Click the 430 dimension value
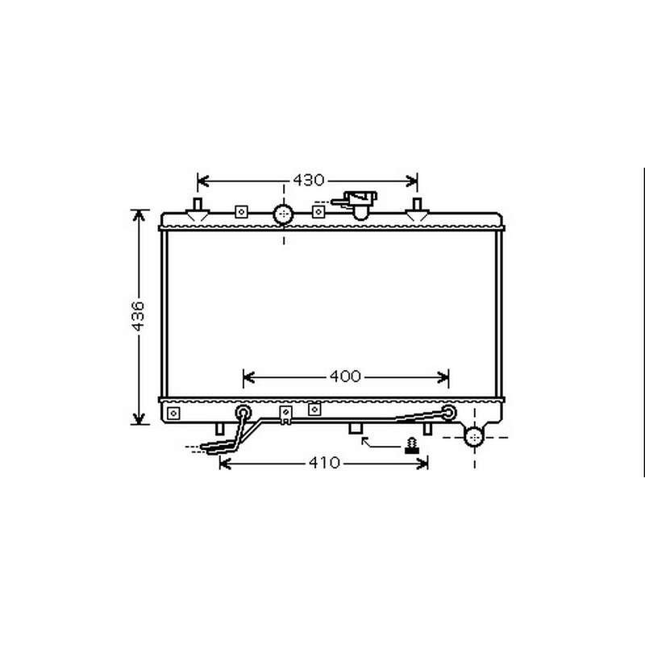pyautogui.click(x=309, y=180)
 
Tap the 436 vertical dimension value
pyautogui.click(x=138, y=316)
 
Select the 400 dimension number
pyautogui.click(x=345, y=376)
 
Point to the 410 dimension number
pyautogui.click(x=324, y=463)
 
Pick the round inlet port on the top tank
pyautogui.click(x=284, y=214)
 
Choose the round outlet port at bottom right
pyautogui.click(x=474, y=436)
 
